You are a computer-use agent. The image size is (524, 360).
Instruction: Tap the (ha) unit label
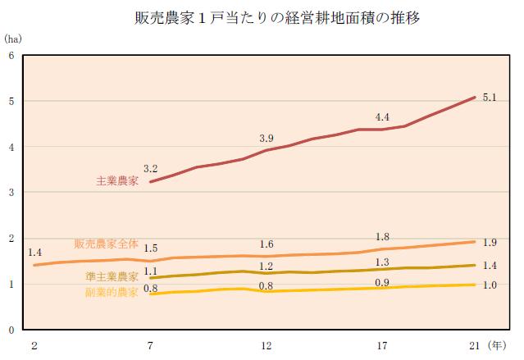coord(13,38)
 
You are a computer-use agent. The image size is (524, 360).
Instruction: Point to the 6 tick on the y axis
coord(11,56)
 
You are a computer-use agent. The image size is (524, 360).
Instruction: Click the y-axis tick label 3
coord(11,193)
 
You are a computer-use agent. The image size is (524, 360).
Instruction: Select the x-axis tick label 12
coord(266,346)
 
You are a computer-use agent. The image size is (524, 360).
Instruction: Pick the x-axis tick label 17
coord(382,346)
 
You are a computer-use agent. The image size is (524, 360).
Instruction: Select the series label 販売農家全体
coord(107,244)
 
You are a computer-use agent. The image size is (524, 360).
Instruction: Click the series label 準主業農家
coord(112,277)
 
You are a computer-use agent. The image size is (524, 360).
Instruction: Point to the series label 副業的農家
coord(112,292)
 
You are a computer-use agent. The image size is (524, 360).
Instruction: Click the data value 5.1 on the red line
coord(490,98)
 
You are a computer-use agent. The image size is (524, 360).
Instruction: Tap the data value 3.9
coord(266,138)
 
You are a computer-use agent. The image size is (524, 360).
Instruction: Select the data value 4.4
coord(382,117)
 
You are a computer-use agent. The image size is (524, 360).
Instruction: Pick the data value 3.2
coord(150,168)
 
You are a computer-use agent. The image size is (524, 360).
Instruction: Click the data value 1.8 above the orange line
coord(382,238)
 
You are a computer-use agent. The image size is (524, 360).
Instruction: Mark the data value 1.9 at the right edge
coord(490,243)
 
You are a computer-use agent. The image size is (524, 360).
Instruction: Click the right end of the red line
coord(475,98)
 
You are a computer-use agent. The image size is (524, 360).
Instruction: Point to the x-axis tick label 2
coord(34,346)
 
